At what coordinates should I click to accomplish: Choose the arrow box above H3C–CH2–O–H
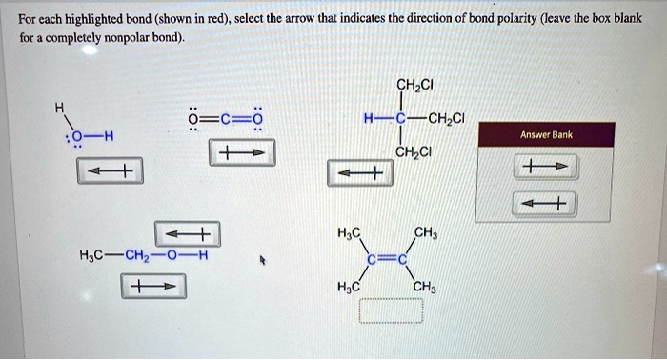click(187, 233)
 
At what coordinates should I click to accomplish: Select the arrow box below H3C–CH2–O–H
click(152, 286)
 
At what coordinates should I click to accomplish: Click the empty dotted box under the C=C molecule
click(391, 311)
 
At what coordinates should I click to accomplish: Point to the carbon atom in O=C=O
click(222, 118)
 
